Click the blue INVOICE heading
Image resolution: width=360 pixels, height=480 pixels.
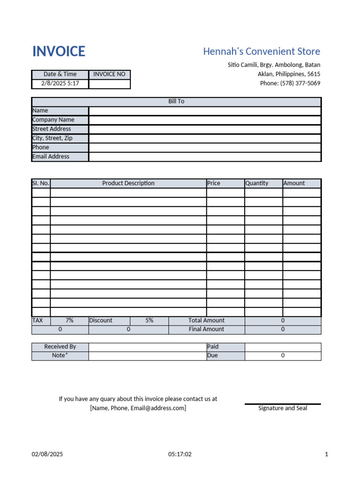(x=59, y=52)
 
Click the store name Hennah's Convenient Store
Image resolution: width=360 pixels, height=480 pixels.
(x=262, y=52)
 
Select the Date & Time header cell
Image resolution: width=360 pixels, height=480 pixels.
(x=60, y=74)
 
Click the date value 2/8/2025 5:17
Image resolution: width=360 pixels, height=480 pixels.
(x=60, y=83)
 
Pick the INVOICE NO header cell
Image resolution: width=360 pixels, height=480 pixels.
(x=109, y=74)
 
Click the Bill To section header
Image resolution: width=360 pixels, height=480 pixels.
(x=176, y=101)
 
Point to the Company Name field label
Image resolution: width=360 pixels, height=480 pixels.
(x=53, y=120)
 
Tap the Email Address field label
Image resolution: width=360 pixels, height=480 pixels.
(x=51, y=157)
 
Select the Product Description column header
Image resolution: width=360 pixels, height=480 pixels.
(x=128, y=183)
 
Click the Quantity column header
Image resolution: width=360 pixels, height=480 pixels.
(x=257, y=183)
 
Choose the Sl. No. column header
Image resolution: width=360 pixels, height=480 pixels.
(x=41, y=183)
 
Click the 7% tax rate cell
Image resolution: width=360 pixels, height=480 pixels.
(x=69, y=321)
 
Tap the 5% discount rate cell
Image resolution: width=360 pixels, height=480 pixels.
(x=149, y=321)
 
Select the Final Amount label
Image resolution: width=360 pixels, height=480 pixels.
(x=206, y=329)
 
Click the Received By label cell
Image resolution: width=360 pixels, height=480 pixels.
(x=60, y=347)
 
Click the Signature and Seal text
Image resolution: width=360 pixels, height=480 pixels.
(x=283, y=408)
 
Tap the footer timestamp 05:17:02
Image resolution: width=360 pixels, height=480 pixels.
(x=180, y=454)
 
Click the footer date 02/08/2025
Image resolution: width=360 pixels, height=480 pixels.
(x=47, y=454)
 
